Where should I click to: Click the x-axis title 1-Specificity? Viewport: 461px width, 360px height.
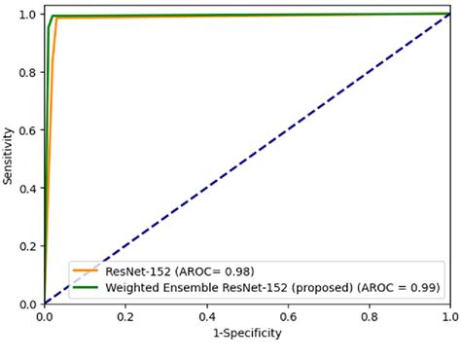coord(246,334)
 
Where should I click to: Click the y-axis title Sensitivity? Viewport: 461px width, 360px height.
coord(9,155)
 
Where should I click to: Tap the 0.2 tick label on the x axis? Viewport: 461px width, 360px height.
coord(125,316)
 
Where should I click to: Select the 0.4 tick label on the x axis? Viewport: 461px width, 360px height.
coord(206,316)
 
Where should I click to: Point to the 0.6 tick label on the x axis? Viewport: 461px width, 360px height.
coord(288,316)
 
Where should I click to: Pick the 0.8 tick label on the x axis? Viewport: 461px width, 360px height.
coord(369,316)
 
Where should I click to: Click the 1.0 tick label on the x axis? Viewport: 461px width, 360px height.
coord(448,316)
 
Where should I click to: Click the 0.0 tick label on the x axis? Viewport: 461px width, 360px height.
coord(45,316)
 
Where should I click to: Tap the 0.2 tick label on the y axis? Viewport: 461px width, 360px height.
coord(27,246)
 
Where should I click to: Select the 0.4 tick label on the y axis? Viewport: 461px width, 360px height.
coord(27,188)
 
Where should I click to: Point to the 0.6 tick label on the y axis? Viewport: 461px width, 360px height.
coord(27,130)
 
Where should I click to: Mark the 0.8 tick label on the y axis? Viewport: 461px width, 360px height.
coord(27,72)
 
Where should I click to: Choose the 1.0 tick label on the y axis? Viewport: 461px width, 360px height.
coord(27,15)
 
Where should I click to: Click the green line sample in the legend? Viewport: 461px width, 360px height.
coord(87,287)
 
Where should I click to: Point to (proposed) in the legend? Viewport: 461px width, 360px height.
coord(323,287)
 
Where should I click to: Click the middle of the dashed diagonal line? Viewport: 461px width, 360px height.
coord(247,159)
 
